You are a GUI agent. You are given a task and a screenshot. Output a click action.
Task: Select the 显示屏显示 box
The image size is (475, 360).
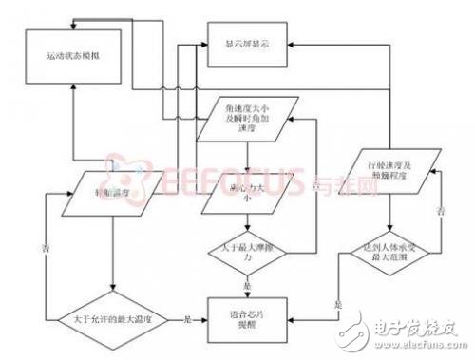point(248,44)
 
